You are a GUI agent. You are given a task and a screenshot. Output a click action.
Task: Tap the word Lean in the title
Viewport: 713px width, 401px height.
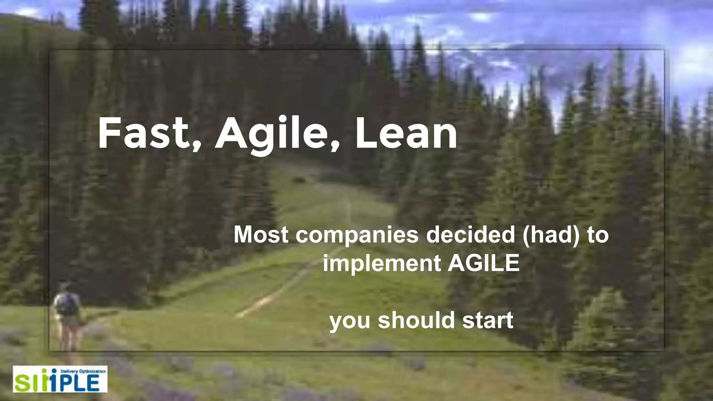click(406, 133)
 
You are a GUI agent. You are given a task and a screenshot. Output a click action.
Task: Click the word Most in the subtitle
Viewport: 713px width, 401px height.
click(261, 235)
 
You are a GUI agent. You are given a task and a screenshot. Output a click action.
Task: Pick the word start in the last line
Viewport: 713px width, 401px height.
click(487, 320)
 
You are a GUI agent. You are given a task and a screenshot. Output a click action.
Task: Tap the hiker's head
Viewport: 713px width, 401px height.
click(64, 288)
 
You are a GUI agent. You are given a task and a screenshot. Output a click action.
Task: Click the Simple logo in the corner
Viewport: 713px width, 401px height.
click(60, 379)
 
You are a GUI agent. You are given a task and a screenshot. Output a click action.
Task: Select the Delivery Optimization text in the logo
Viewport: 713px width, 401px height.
click(83, 371)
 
